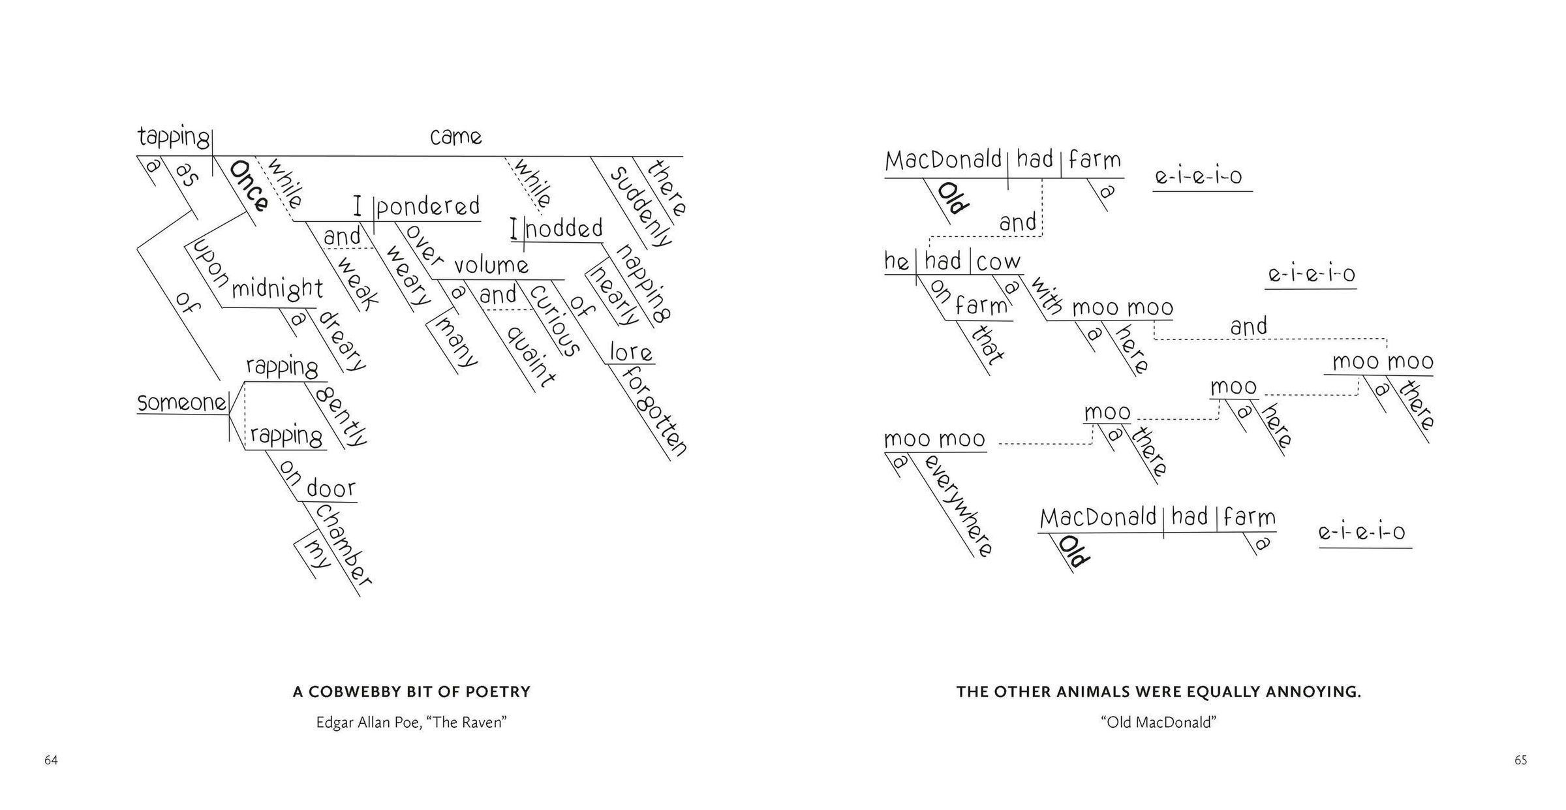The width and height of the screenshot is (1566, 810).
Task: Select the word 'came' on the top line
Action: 456,138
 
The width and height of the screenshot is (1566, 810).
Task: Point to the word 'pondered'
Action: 428,207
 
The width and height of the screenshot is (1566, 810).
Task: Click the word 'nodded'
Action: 564,229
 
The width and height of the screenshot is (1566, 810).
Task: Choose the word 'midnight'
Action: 277,289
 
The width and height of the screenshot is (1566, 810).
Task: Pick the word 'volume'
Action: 491,266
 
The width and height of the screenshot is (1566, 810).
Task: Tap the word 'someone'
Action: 181,403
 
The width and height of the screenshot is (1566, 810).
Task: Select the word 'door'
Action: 331,488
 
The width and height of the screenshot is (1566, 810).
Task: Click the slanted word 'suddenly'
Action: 641,207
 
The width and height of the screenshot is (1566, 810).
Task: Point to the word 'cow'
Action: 998,262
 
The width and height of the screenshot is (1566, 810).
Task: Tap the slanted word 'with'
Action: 1047,296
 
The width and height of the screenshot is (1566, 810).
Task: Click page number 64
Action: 51,760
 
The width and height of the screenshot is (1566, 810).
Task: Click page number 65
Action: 1520,760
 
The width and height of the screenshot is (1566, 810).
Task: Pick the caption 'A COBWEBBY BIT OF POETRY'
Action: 411,692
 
